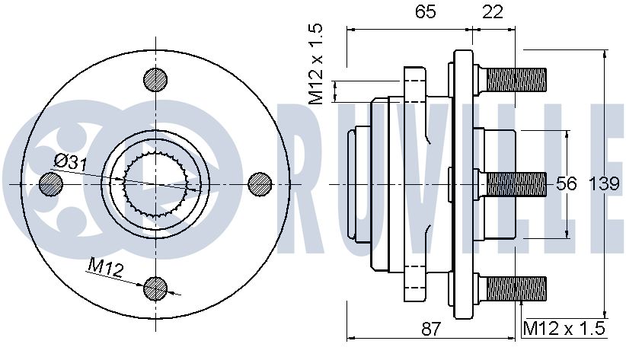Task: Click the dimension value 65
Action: point(425,12)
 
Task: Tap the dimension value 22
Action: point(493,12)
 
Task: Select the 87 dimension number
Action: point(431,329)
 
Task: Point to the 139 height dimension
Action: point(605,184)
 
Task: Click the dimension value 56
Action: point(567,184)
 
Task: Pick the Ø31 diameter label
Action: point(70,163)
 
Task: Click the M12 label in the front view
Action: point(105,267)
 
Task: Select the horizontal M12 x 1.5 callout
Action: point(564,329)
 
